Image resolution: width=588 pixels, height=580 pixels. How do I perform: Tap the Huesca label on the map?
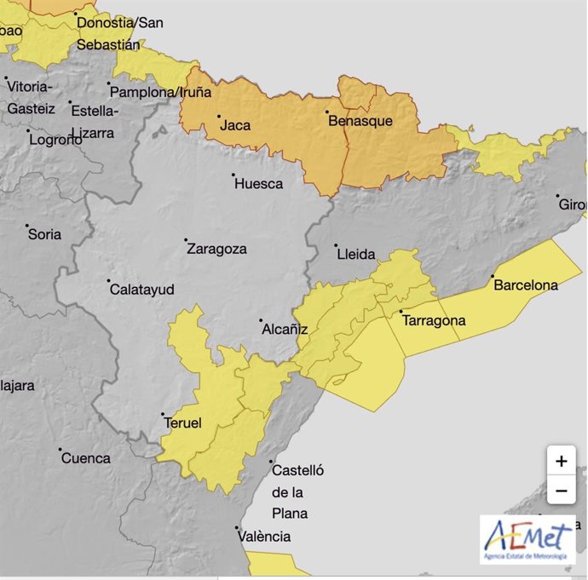pos(258,183)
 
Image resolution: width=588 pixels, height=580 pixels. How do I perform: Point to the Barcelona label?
pos(526,285)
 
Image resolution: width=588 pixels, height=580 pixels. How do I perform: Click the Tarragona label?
pos(434,321)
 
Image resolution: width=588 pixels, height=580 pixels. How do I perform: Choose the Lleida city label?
pos(355,254)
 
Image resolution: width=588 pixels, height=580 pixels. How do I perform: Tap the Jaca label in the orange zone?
pos(235,125)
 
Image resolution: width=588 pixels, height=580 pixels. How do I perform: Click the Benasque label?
pos(360,121)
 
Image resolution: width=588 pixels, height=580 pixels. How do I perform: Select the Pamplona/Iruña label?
pos(161,92)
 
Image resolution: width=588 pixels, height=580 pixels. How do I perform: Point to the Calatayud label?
pos(142,290)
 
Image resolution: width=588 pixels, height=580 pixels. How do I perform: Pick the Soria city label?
pos(44,234)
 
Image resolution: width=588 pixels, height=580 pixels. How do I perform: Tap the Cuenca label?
pos(85,458)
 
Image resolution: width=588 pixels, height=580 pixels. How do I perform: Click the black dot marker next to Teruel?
pos(162,415)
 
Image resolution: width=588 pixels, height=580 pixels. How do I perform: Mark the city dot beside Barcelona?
pos(493,277)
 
